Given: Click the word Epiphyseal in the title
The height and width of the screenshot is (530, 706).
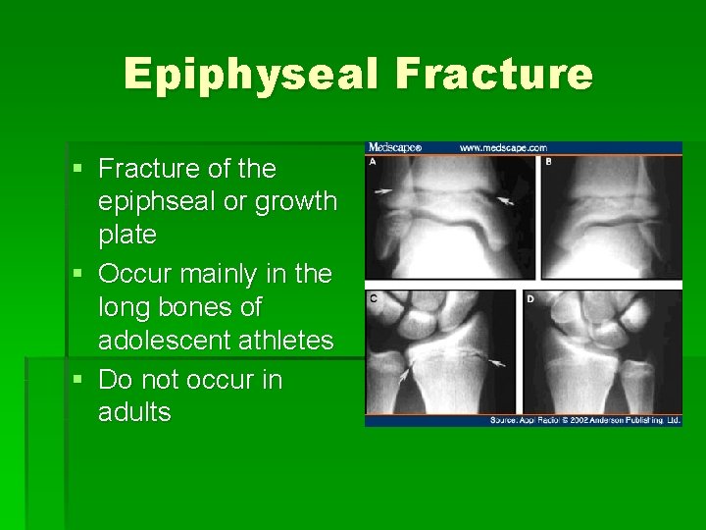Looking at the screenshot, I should pos(251,74).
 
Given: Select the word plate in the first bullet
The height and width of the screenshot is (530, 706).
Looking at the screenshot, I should pos(126,235).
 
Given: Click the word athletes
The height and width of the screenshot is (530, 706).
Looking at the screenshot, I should pos(286,341).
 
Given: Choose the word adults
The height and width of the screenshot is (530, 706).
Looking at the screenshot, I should pos(134,411).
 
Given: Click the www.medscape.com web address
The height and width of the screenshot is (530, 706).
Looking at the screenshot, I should pos(503,148).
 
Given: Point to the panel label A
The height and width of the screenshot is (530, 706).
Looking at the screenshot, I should pos(373,162).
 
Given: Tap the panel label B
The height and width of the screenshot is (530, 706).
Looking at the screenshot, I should pos(549,162).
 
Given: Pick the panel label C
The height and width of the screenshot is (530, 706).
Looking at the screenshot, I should pos(374,297).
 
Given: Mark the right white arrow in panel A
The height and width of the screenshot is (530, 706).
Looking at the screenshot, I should pos(505,201).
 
